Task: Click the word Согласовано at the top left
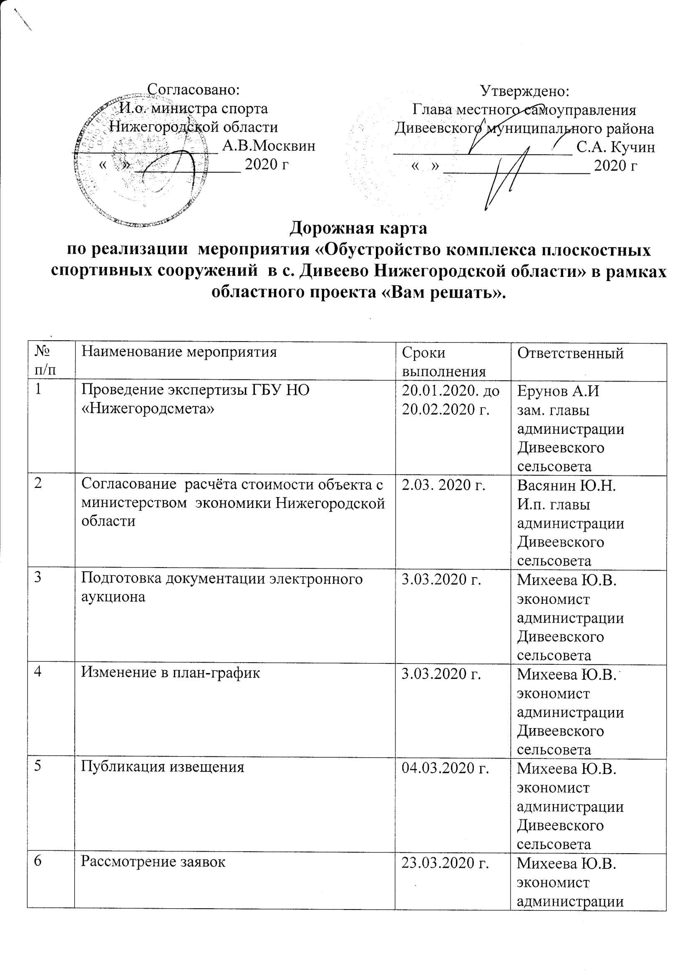(193, 90)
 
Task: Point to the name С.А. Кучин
(616, 147)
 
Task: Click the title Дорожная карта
(358, 229)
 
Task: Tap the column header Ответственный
(570, 353)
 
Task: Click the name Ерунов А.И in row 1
(558, 391)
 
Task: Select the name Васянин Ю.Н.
(567, 485)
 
